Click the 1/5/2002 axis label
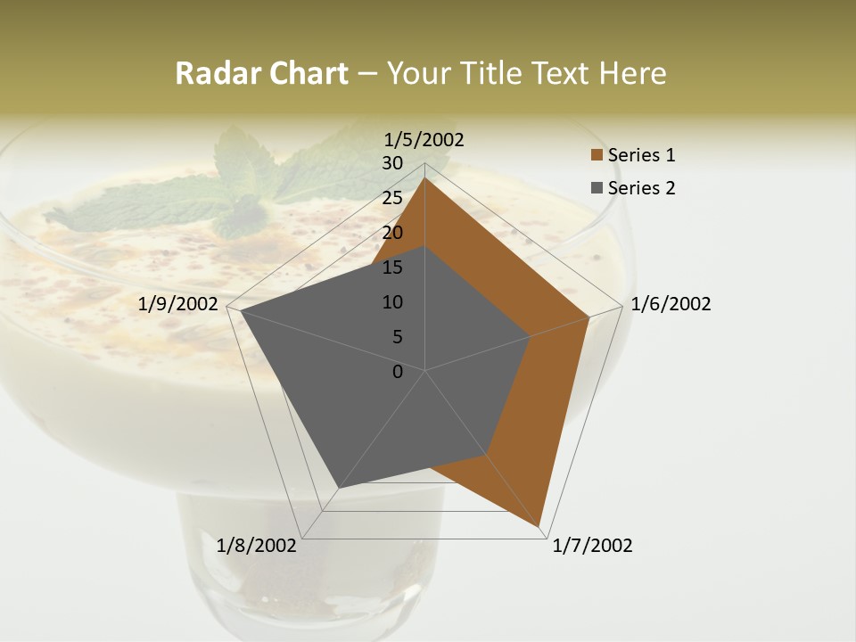424,139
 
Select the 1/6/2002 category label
671,304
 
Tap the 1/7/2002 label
592,545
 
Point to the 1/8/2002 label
257,545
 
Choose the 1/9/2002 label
178,304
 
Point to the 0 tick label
398,372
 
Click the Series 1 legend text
641,155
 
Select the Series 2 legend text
641,188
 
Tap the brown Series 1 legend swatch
597,155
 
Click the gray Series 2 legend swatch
597,188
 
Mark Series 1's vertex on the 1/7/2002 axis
539,525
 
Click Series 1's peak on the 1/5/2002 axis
425,177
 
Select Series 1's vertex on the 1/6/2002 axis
589,317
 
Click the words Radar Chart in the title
261,73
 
